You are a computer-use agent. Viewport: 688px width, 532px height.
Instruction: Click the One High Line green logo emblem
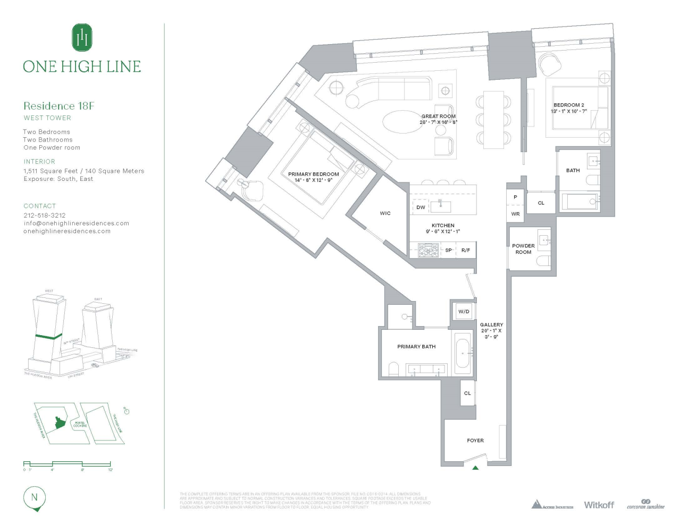tap(82, 37)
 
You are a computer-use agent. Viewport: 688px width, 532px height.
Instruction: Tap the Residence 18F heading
tap(58, 106)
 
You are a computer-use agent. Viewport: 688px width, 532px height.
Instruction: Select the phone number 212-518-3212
tap(45, 215)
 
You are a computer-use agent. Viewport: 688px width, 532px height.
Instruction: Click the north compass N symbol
tap(35, 498)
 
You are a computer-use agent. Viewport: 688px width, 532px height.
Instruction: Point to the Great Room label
tap(438, 116)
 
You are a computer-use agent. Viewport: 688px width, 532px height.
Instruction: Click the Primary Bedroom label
tap(313, 174)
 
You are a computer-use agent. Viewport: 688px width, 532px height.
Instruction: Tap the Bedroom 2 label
tap(568, 105)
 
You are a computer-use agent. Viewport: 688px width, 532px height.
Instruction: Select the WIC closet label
tap(385, 213)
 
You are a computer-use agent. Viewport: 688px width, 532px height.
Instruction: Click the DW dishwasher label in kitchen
tap(421, 207)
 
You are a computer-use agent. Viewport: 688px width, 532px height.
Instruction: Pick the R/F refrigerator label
tap(465, 250)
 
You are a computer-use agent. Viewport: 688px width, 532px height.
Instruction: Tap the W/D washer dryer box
tap(464, 311)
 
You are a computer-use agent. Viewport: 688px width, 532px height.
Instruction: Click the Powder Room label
tap(523, 249)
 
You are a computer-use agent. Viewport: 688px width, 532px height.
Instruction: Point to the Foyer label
tap(475, 440)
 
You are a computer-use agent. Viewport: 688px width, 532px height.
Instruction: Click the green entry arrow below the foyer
tap(475, 468)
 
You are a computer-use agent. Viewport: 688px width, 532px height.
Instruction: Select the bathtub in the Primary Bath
tap(463, 353)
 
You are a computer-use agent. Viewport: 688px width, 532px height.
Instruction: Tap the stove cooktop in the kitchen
tap(428, 250)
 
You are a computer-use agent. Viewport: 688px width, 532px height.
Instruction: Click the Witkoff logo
tap(599, 504)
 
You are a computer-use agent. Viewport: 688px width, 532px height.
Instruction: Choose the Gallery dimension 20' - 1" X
tap(491, 330)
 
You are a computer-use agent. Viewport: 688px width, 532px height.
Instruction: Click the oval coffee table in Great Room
tap(401, 122)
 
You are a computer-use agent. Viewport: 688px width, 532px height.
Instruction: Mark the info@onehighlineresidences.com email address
tap(76, 223)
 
